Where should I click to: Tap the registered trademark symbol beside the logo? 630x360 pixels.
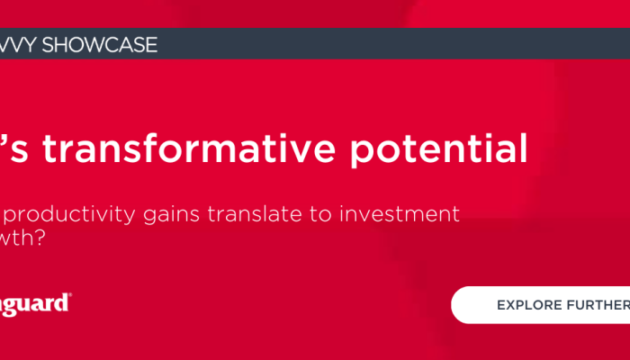click(70, 296)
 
